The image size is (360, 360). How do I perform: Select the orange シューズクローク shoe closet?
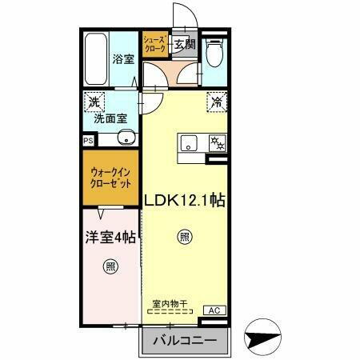click(x=154, y=44)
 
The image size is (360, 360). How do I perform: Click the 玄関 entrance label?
click(x=184, y=44)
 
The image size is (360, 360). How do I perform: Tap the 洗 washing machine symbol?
click(x=94, y=102)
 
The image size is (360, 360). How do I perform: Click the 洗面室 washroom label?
click(x=110, y=118)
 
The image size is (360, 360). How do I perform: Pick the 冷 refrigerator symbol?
click(x=217, y=101)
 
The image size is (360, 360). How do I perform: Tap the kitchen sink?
click(x=190, y=144)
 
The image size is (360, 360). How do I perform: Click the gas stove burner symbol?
click(x=215, y=143)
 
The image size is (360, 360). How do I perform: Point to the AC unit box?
click(x=214, y=310)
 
